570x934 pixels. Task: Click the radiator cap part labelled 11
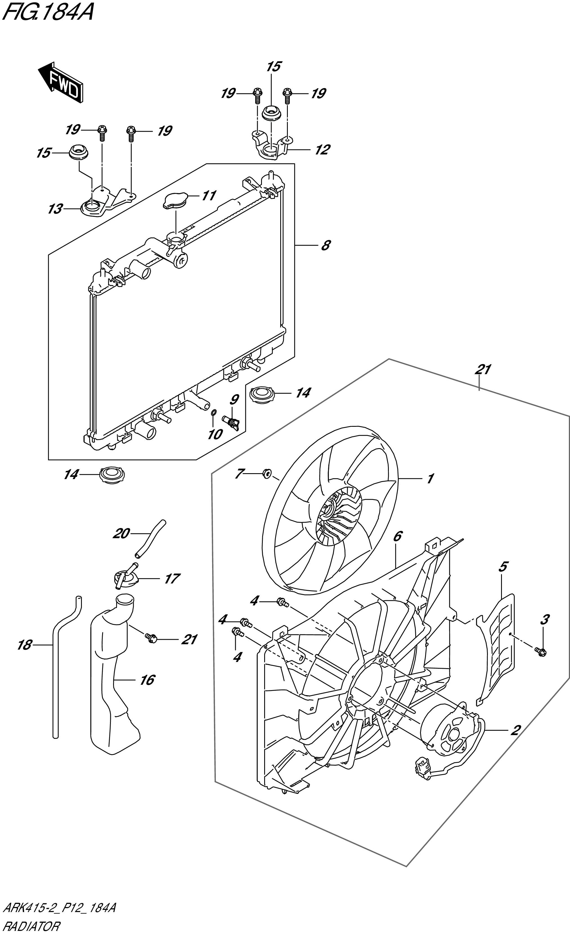(175, 201)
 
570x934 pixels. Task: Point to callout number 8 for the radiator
(325, 245)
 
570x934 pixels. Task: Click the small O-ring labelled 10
(213, 412)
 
